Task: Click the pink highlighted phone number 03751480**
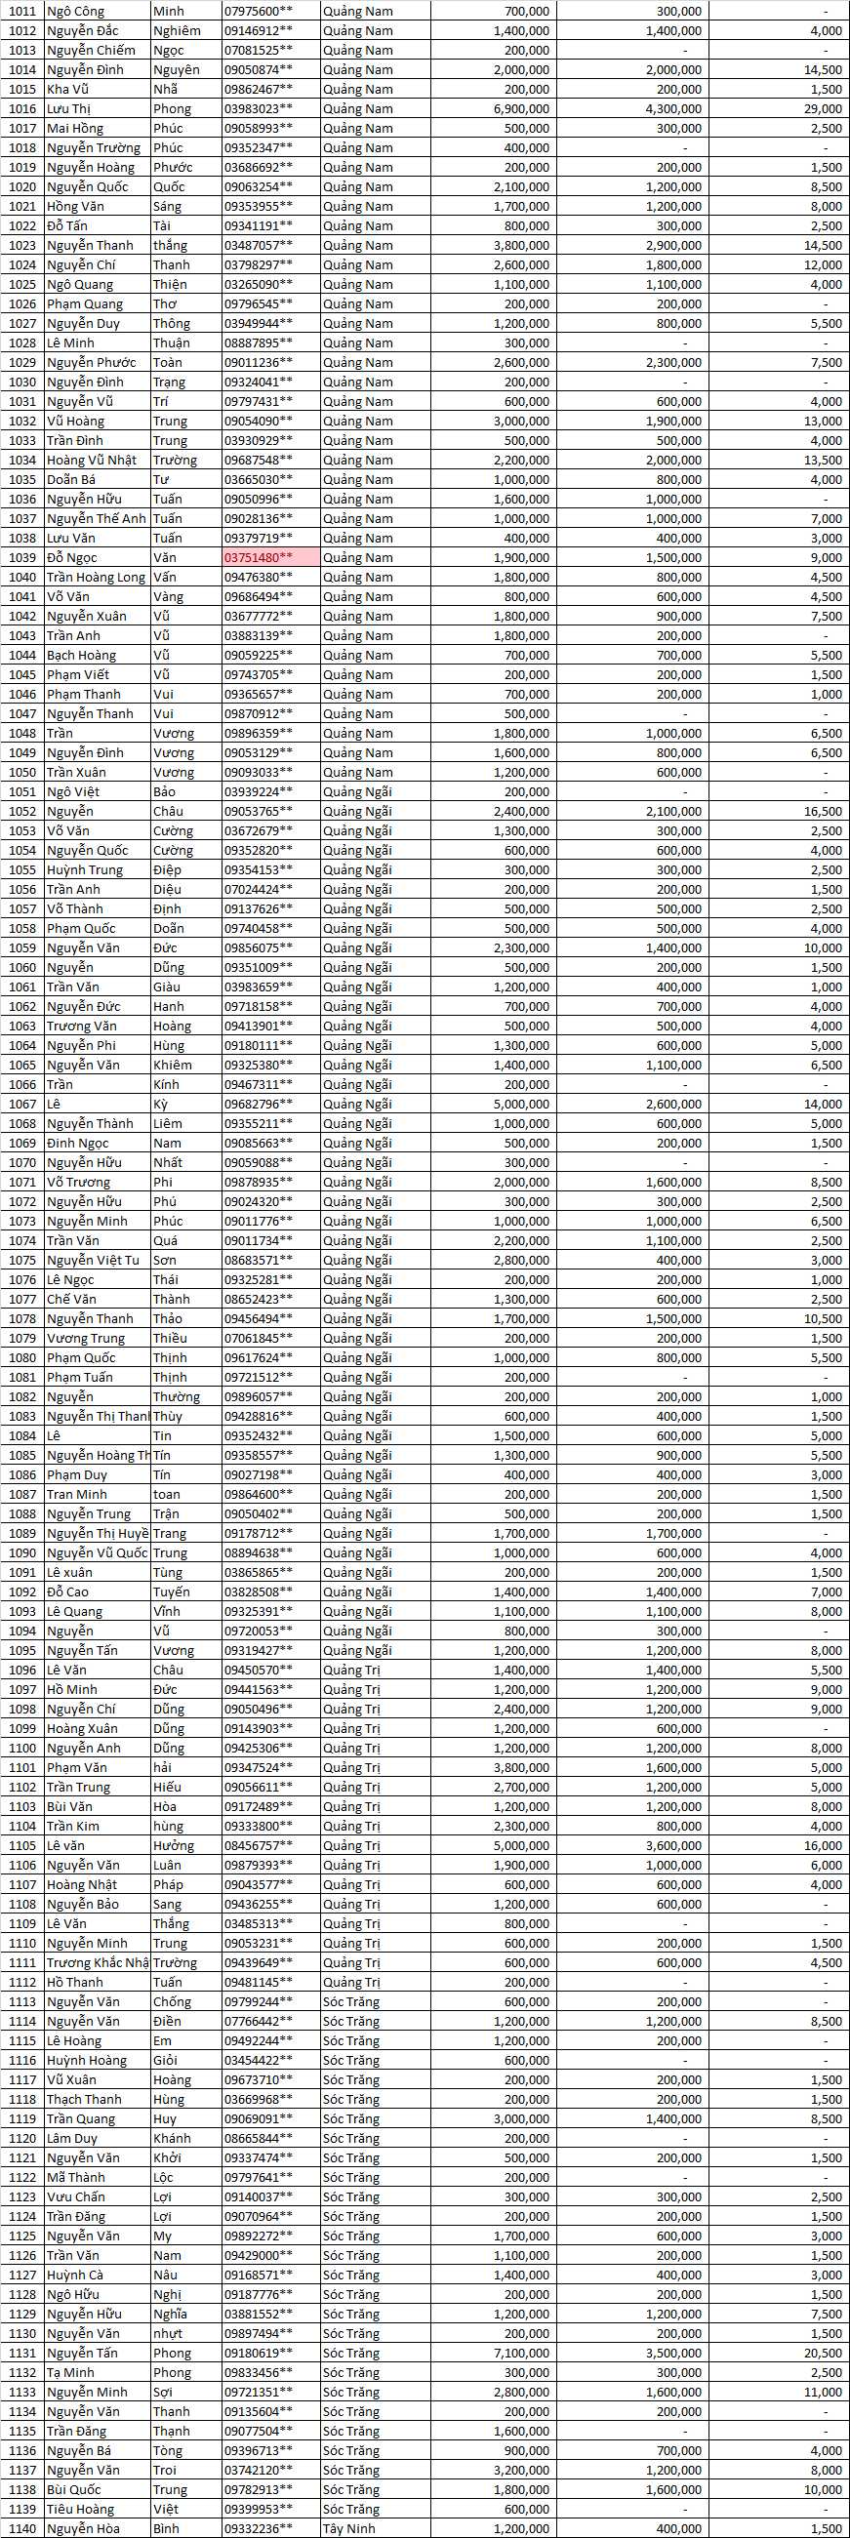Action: [258, 557]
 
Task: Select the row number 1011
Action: [21, 11]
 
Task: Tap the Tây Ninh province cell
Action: [348, 2528]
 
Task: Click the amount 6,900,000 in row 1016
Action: [521, 108]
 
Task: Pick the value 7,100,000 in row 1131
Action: [521, 2353]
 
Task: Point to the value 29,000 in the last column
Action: [823, 108]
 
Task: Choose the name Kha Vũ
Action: [68, 89]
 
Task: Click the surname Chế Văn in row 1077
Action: [72, 1299]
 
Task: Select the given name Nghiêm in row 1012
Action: [178, 30]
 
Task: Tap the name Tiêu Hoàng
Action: [81, 2509]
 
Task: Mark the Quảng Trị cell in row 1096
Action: [351, 1670]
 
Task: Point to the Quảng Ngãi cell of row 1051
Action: [356, 791]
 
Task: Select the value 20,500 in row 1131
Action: [823, 2353]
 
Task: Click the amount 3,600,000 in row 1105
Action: [673, 1845]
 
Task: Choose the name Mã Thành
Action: [76, 2177]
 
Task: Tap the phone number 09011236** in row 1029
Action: [258, 363]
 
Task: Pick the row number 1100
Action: [21, 1748]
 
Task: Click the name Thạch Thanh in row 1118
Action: [85, 2100]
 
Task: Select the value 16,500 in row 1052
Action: [823, 811]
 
